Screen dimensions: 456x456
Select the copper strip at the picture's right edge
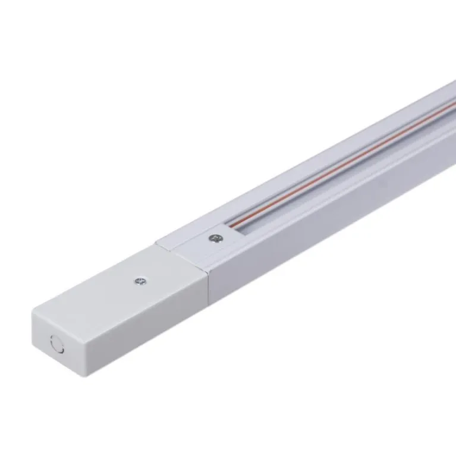[452, 107]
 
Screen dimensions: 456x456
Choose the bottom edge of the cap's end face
[56, 366]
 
